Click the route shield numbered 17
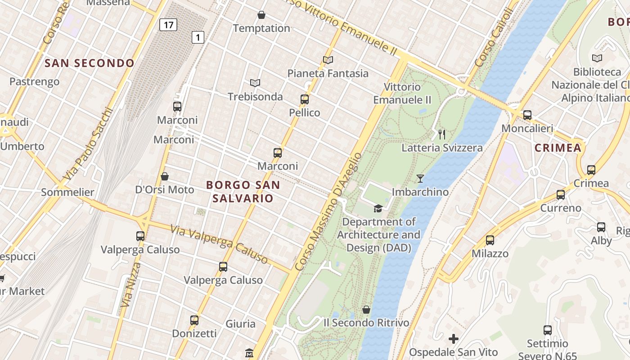168,25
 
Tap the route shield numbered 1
198,37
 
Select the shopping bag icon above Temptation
261,15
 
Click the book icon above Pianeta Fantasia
328,60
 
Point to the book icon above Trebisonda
255,83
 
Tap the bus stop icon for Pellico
305,99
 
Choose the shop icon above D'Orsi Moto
165,176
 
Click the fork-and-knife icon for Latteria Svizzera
442,134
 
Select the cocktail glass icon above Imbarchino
420,179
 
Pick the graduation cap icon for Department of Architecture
378,208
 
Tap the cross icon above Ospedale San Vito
454,338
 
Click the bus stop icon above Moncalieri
527,115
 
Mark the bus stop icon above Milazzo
490,240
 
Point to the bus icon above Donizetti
194,320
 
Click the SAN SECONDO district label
90,63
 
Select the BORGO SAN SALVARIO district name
243,191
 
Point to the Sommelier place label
67,192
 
